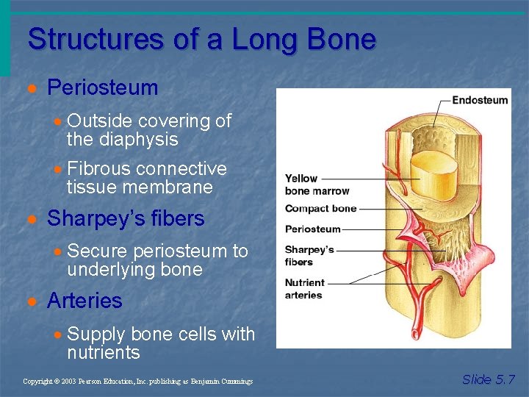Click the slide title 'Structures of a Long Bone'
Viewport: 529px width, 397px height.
[201, 39]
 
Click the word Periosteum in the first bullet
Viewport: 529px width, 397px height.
[102, 88]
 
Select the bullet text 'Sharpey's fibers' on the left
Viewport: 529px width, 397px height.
[126, 219]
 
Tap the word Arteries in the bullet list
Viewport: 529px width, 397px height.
[84, 301]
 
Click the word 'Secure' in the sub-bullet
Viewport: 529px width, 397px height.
[95, 251]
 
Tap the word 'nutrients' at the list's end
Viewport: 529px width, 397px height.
[103, 353]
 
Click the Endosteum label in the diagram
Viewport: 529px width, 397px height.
[480, 100]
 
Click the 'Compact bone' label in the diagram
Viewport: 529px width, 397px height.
[320, 209]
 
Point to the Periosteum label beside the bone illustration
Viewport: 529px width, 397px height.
[313, 229]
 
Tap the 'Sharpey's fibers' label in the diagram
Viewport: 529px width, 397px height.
[309, 256]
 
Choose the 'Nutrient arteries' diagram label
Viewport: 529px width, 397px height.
[304, 289]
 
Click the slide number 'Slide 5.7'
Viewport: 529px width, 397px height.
[489, 379]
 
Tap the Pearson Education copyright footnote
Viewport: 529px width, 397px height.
[137, 382]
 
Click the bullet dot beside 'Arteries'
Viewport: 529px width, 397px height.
[32, 301]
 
